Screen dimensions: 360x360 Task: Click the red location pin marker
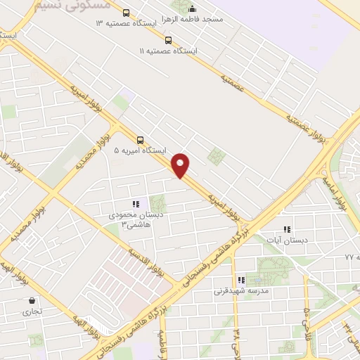point(181,164)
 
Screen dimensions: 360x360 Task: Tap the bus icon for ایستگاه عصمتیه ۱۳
point(126,13)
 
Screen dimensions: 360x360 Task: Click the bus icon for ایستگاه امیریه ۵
point(141,139)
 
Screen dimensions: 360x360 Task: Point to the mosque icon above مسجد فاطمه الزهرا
point(193,8)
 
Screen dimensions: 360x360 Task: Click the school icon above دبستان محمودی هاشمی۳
point(136,205)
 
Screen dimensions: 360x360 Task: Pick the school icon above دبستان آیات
point(286,229)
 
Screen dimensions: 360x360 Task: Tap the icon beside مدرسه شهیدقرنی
point(241,280)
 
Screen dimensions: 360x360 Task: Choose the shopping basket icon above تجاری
point(32,300)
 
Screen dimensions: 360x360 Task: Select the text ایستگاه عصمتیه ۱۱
point(169,51)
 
